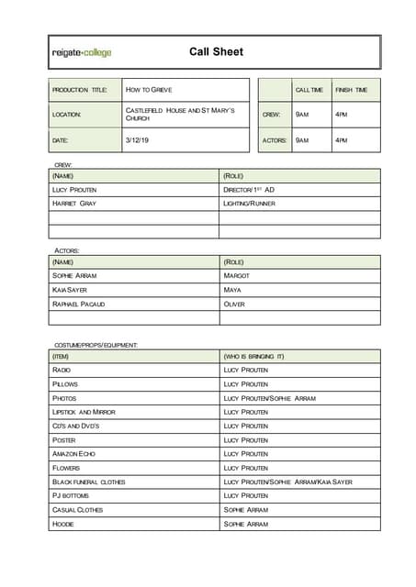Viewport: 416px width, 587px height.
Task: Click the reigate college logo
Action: [82, 53]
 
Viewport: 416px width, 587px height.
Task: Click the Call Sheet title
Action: [216, 52]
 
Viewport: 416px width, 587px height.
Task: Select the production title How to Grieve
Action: [149, 90]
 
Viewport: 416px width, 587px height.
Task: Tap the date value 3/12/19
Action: [136, 140]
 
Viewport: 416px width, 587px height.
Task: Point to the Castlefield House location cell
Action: [180, 115]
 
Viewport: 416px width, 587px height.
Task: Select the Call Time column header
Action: [309, 90]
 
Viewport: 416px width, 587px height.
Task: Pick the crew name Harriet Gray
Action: [74, 203]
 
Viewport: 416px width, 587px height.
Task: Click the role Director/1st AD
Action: [249, 189]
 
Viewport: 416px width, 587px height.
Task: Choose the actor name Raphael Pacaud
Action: [79, 304]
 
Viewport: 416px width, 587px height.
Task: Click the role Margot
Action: [236, 275]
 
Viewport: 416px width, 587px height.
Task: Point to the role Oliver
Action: [234, 304]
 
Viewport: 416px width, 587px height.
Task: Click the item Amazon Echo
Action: [74, 454]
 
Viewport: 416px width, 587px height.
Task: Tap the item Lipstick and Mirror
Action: [84, 412]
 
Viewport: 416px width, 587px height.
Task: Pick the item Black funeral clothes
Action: [89, 482]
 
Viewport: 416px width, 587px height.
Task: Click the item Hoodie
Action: [63, 524]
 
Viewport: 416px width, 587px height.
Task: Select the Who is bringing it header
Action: [254, 356]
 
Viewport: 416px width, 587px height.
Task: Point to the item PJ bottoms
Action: [71, 495]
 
